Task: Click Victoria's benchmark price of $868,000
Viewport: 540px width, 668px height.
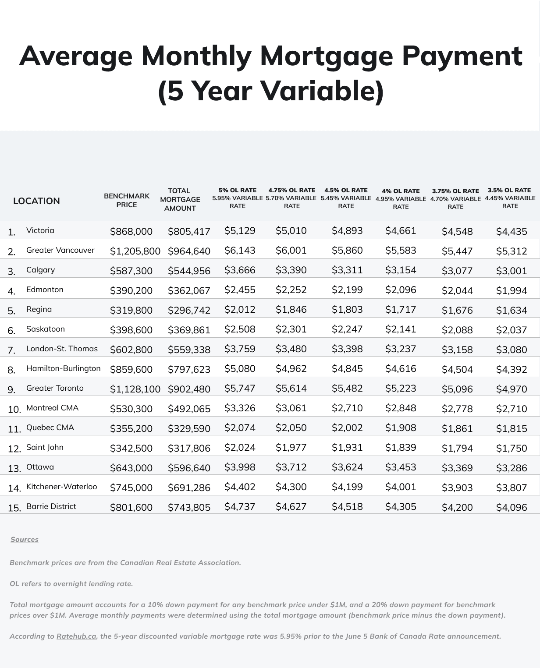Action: tap(131, 231)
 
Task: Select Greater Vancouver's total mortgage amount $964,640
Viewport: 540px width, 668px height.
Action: tap(189, 251)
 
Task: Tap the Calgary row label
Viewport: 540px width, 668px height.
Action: tap(40, 270)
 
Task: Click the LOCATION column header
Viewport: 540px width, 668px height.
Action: tap(36, 201)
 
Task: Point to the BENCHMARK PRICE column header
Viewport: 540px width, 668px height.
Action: tap(127, 200)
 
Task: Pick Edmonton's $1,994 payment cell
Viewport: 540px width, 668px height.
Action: tap(511, 290)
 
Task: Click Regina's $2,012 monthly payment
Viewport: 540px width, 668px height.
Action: tap(240, 310)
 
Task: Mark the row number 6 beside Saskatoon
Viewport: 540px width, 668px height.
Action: tap(11, 331)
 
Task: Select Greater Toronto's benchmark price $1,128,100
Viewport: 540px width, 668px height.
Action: tap(135, 389)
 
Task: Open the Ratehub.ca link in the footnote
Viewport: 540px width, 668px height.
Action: tap(76, 636)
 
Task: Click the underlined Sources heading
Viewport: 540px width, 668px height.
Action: tap(25, 540)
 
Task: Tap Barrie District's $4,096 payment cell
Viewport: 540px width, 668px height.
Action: tap(511, 507)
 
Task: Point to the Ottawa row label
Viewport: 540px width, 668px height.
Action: tap(40, 467)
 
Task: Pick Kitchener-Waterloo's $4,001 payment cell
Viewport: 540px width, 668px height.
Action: tap(401, 487)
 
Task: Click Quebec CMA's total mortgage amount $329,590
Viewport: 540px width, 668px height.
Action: tap(189, 428)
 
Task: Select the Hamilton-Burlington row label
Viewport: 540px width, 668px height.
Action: tap(63, 368)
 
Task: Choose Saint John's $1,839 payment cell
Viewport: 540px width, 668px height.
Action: tap(401, 447)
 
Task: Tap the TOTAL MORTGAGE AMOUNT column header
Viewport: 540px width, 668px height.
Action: tap(180, 199)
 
